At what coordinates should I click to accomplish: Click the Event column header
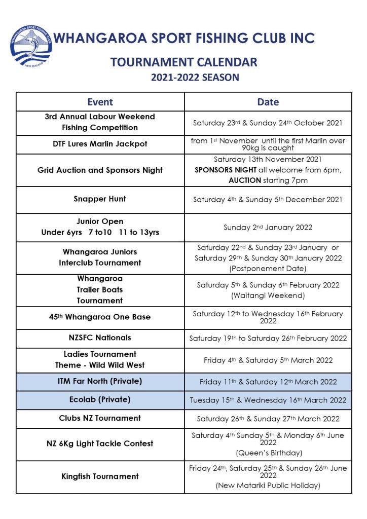coord(100,102)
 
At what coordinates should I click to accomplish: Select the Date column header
coord(268,102)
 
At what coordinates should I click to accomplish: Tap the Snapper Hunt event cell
coord(100,199)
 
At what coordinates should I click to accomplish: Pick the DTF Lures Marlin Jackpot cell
coord(100,144)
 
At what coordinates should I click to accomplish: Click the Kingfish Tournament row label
coord(100,476)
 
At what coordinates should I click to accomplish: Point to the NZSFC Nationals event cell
coord(100,338)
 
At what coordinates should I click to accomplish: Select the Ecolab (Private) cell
coord(100,399)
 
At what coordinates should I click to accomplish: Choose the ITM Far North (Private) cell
coord(100,381)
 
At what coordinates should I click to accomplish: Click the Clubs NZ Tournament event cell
coord(100,418)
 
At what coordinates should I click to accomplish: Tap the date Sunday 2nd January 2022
coord(268,228)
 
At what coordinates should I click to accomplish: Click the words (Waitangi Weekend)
coord(268,295)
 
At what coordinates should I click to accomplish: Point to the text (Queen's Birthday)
coord(268,453)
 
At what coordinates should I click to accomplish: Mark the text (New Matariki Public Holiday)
coord(268,486)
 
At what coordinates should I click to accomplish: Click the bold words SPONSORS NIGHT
coord(218,170)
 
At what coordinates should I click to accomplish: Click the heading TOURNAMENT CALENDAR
coord(184,62)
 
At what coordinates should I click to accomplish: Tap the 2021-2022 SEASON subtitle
coord(195,78)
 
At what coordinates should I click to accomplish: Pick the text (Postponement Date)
coord(268,268)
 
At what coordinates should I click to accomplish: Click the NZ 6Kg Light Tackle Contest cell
coord(100,443)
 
